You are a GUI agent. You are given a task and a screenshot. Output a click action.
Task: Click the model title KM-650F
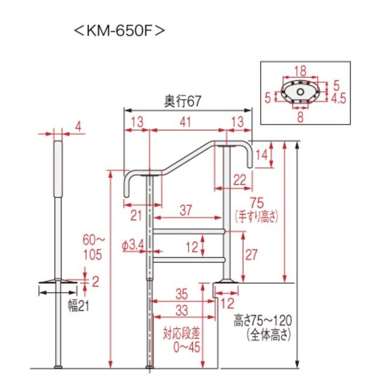point(120,30)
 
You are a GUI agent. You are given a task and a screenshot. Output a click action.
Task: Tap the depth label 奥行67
point(183,101)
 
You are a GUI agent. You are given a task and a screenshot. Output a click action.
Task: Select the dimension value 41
point(185,122)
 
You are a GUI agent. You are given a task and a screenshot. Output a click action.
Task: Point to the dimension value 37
point(186,210)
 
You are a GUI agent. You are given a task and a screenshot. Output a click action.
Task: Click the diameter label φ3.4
point(133,246)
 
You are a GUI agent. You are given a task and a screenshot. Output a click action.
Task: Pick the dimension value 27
point(251,255)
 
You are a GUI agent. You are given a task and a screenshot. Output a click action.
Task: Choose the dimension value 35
point(182,294)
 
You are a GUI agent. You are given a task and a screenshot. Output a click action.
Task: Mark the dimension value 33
point(182,310)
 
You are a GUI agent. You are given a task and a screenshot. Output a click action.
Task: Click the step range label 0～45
point(187,347)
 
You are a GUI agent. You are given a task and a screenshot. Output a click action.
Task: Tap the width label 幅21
point(78,306)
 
